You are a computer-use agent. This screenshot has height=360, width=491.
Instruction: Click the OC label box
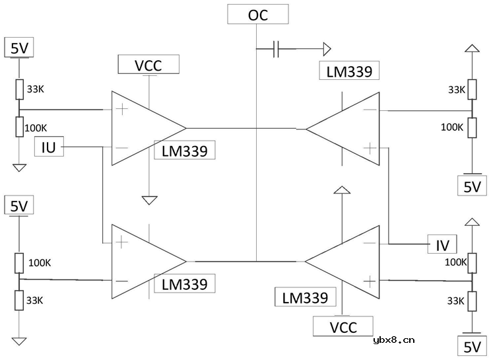coord(258,15)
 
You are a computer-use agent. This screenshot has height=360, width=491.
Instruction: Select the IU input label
coord(49,147)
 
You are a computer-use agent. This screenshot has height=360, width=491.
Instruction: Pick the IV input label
coord(442,245)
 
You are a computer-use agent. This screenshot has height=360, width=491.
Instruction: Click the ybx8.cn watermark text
coord(394,341)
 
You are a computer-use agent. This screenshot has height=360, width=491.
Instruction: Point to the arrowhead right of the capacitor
coord(326,48)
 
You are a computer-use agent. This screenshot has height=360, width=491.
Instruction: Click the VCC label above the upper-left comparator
coord(148,65)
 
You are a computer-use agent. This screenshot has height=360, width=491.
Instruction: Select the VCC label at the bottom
coord(343,327)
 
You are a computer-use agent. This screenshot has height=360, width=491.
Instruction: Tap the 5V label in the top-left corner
coord(18,48)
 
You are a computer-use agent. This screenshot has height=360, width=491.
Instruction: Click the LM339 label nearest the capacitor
coord(348,71)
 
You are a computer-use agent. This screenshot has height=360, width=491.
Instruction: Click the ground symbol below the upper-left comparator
coord(150,198)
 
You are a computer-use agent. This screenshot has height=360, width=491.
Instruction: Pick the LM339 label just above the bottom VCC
coord(304,297)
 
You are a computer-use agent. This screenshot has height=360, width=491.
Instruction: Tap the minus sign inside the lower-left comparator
coord(121,281)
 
